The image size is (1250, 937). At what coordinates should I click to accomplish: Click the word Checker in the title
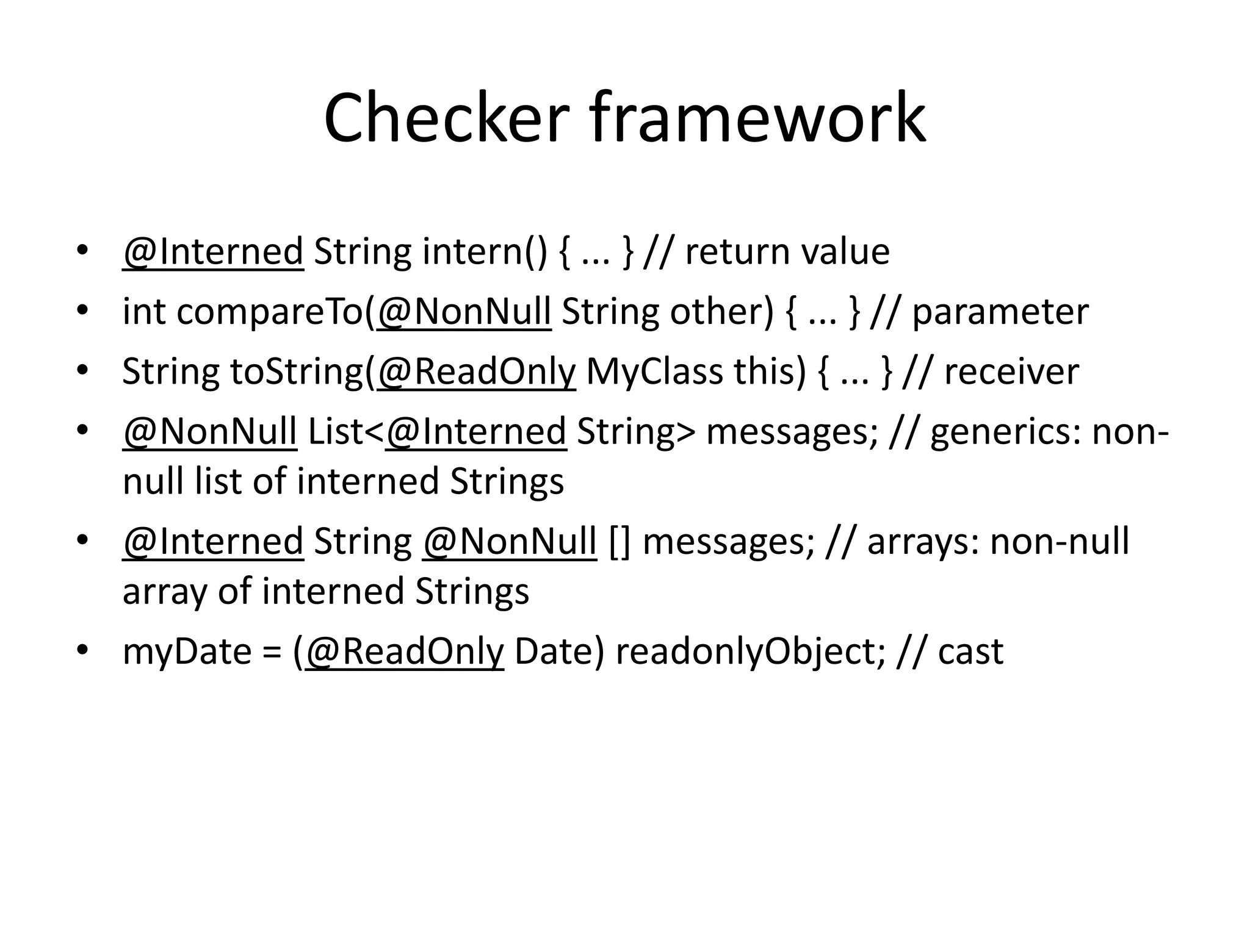point(446,117)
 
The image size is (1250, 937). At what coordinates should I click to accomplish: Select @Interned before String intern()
point(213,251)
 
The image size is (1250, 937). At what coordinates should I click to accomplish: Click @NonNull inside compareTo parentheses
point(464,312)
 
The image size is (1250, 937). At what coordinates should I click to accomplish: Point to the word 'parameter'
point(1000,312)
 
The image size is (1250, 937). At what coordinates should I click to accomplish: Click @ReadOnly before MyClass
point(476,372)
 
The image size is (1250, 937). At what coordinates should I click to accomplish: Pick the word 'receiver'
point(1011,372)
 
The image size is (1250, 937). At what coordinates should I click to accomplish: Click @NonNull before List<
point(210,431)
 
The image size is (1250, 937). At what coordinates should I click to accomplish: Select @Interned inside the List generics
point(476,431)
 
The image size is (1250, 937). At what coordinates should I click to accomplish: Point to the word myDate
point(187,651)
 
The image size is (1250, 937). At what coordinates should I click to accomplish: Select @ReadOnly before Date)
point(404,651)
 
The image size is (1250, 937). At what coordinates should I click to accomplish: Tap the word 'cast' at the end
point(970,651)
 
